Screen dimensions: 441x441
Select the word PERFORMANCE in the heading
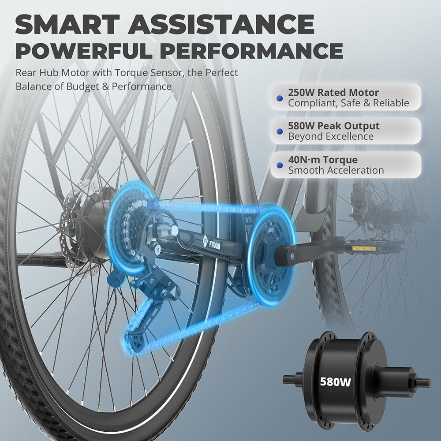coord(253,51)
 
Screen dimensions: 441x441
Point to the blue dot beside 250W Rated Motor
coord(280,98)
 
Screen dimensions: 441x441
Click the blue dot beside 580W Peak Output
coord(280,131)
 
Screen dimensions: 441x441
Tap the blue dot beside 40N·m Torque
coord(280,165)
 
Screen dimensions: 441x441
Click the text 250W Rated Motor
coord(333,93)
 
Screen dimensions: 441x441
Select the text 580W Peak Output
coord(334,126)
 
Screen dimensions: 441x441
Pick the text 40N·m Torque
coord(323,160)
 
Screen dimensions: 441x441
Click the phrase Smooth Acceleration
coord(336,170)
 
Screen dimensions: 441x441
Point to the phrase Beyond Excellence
coord(331,136)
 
